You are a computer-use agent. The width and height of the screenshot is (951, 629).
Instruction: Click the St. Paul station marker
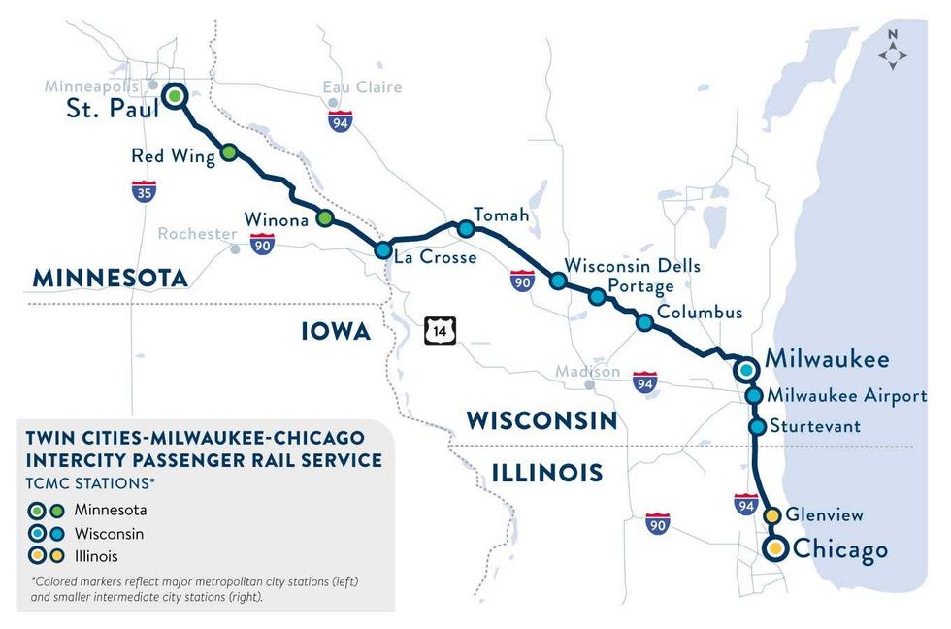[x=175, y=96]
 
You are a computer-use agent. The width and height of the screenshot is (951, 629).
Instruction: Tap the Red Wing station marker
[x=229, y=152]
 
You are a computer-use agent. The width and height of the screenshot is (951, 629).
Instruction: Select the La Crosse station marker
[x=384, y=249]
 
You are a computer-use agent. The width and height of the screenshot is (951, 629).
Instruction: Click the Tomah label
[x=501, y=215]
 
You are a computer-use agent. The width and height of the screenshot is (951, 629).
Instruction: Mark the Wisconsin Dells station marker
[x=558, y=281]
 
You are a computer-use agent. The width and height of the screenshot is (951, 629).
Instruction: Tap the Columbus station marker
[x=643, y=322]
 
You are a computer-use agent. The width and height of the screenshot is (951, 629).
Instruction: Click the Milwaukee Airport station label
[x=846, y=396]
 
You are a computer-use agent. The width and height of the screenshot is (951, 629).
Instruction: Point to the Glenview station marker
[x=773, y=515]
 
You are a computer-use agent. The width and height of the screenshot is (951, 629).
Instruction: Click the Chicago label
[x=840, y=549]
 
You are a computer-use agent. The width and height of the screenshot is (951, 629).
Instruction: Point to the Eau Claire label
[x=362, y=87]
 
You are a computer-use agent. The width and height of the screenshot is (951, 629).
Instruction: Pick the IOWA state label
[x=336, y=332]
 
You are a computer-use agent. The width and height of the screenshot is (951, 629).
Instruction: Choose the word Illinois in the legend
[x=91, y=556]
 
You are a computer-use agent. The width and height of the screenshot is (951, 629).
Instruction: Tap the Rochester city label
[x=197, y=234]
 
